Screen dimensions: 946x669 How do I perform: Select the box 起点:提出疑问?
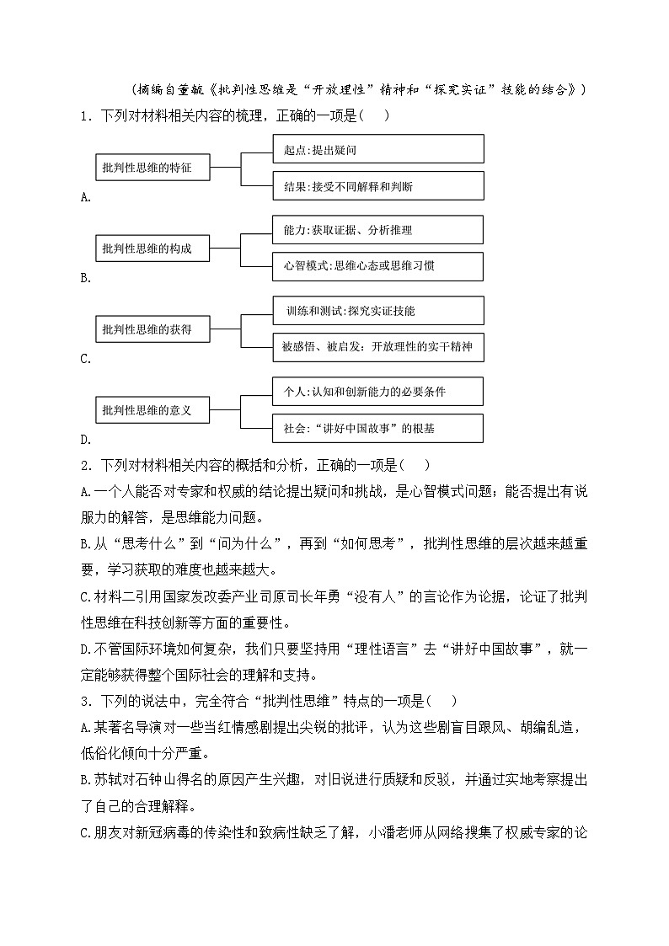[378, 149]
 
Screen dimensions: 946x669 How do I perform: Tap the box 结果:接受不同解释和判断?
[378, 186]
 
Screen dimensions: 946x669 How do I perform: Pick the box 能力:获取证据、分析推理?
[378, 230]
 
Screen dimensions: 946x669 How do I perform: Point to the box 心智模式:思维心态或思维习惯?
[378, 267]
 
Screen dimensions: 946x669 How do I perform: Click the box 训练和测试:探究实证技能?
[378, 311]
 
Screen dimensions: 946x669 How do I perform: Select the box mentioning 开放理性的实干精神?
[378, 347]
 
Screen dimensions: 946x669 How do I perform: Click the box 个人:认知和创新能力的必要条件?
[378, 392]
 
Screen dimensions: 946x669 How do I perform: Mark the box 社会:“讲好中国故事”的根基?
[378, 428]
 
